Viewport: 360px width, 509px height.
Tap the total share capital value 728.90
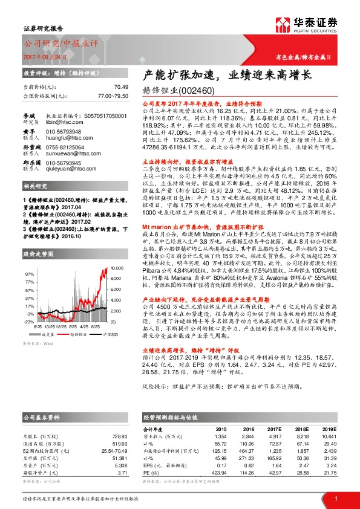pyautogui.click(x=120, y=435)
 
